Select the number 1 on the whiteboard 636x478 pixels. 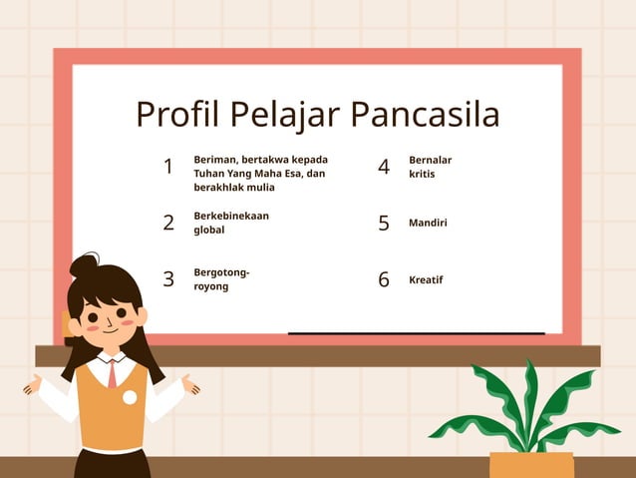(168, 167)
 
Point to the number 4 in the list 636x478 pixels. (384, 167)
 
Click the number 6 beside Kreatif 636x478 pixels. (384, 279)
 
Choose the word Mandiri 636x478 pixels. (428, 223)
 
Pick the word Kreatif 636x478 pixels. (426, 279)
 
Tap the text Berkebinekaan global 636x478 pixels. (231, 223)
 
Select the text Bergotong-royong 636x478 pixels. (221, 278)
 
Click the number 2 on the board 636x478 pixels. (168, 223)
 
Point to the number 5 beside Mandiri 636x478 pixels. (384, 223)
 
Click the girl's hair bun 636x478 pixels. (84, 265)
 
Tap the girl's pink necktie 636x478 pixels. (113, 373)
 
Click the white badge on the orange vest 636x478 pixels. (130, 397)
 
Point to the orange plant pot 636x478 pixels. (531, 464)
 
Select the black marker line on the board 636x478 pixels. (416, 333)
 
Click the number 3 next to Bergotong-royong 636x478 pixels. (168, 279)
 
